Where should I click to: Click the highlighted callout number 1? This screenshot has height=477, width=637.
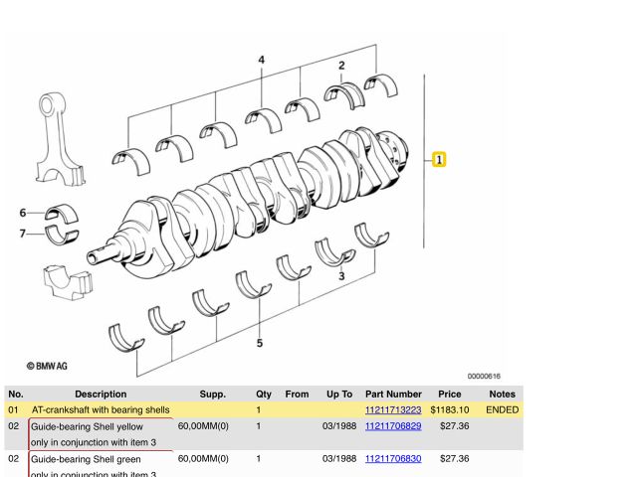click(x=440, y=159)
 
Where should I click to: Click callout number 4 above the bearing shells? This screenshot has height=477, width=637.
click(x=262, y=61)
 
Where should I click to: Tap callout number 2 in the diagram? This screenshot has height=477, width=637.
click(x=341, y=67)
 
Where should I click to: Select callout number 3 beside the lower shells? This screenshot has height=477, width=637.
click(x=341, y=276)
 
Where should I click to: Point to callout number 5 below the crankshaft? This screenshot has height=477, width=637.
click(x=260, y=344)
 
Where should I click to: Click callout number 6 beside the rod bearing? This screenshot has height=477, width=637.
click(x=23, y=213)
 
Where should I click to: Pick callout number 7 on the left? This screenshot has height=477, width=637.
click(x=23, y=234)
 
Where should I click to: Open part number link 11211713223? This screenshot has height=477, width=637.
click(x=393, y=409)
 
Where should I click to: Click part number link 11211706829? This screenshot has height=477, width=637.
click(x=393, y=425)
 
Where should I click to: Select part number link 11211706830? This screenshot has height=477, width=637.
click(x=393, y=459)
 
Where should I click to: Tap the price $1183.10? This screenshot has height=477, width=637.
click(x=450, y=409)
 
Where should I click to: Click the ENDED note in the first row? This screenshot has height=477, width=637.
click(x=502, y=409)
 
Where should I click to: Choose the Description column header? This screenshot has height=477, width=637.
click(x=101, y=394)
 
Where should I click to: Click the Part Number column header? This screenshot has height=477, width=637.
click(x=393, y=394)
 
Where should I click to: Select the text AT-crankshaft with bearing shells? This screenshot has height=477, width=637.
click(x=101, y=409)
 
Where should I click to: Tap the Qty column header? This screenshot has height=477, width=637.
click(x=264, y=394)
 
